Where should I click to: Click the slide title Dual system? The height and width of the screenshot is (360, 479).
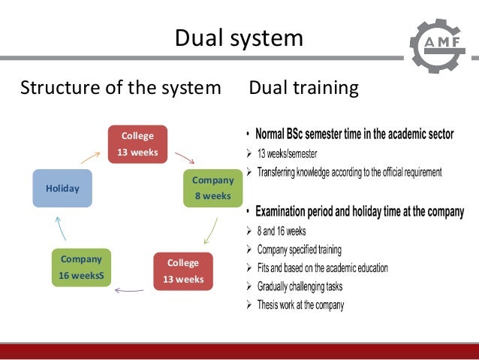click(239, 38)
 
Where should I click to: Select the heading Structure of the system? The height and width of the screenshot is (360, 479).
click(120, 88)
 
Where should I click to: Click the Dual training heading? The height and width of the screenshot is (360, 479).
click(303, 88)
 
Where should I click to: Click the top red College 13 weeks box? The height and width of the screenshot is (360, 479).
click(137, 144)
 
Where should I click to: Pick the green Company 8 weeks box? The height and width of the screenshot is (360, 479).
click(212, 188)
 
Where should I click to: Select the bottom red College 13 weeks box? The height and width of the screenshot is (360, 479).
click(183, 271)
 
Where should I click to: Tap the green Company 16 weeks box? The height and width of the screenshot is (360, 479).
click(81, 268)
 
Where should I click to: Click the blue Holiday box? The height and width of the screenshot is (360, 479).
click(62, 189)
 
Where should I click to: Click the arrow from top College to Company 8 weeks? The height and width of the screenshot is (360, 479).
click(185, 157)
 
